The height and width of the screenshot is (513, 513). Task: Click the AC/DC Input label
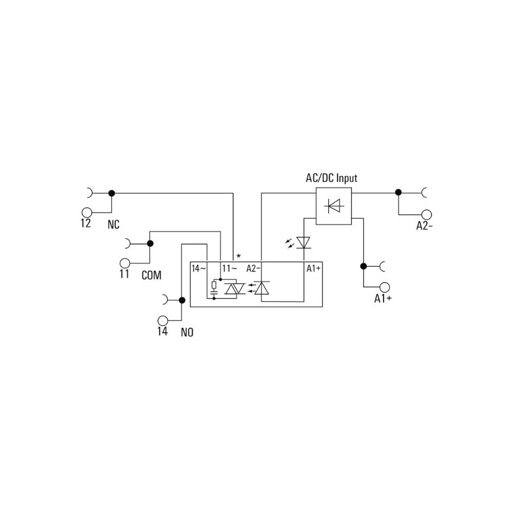tap(331, 178)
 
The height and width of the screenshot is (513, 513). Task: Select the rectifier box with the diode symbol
tap(333, 206)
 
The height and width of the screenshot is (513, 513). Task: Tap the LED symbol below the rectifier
tap(303, 242)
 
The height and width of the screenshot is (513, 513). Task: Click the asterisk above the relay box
tap(238, 256)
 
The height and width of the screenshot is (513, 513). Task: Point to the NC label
tap(113, 225)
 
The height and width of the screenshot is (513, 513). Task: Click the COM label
tap(152, 275)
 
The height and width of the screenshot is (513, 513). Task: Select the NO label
tap(187, 332)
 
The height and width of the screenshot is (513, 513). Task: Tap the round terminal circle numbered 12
tap(87, 213)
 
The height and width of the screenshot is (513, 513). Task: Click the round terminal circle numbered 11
tap(125, 263)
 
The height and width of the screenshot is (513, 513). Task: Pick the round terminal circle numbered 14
tap(162, 320)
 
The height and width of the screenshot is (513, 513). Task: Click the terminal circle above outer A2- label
tap(426, 215)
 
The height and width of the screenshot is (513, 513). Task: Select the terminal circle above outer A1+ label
tap(385, 287)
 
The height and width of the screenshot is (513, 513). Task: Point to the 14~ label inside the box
tap(199, 268)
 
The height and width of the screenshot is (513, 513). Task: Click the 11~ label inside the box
tap(229, 268)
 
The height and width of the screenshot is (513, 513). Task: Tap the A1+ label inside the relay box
tap(313, 268)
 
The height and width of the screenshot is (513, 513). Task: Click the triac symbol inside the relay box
tap(235, 288)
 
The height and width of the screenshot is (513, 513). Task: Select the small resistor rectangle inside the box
tap(214, 285)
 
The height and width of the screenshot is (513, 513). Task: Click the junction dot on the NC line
tap(112, 193)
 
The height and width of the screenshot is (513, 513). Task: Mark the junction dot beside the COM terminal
tap(150, 243)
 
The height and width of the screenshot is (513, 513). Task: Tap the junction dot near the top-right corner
tap(398, 193)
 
